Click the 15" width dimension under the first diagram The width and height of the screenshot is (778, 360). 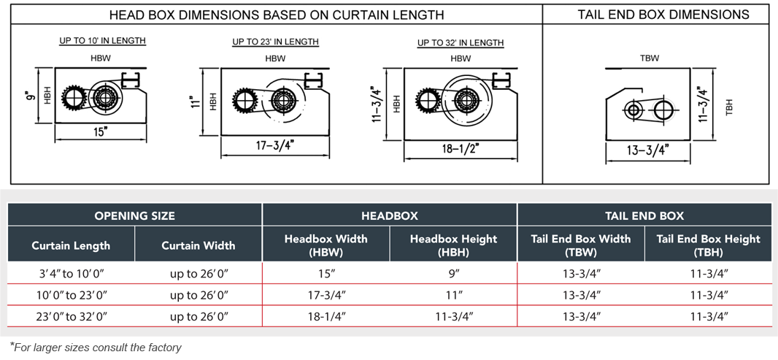[101, 131]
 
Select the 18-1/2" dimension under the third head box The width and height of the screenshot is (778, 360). [460, 150]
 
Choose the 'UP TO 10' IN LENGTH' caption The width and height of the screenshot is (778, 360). [102, 41]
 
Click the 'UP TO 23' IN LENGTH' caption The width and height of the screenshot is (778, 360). [276, 42]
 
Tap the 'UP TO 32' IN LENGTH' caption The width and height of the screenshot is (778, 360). [461, 43]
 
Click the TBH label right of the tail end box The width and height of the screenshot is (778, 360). [729, 107]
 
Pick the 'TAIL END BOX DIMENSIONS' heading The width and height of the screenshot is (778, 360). [663, 15]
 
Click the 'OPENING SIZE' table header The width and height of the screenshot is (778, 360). [134, 215]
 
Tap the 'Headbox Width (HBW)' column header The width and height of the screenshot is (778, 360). [326, 245]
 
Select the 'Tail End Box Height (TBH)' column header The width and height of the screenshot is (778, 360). [708, 245]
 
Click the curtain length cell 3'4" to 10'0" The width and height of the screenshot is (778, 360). [71, 274]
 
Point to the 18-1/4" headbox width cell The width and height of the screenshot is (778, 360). [326, 316]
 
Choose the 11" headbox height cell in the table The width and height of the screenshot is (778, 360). [453, 295]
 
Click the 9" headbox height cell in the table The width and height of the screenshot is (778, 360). [453, 274]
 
